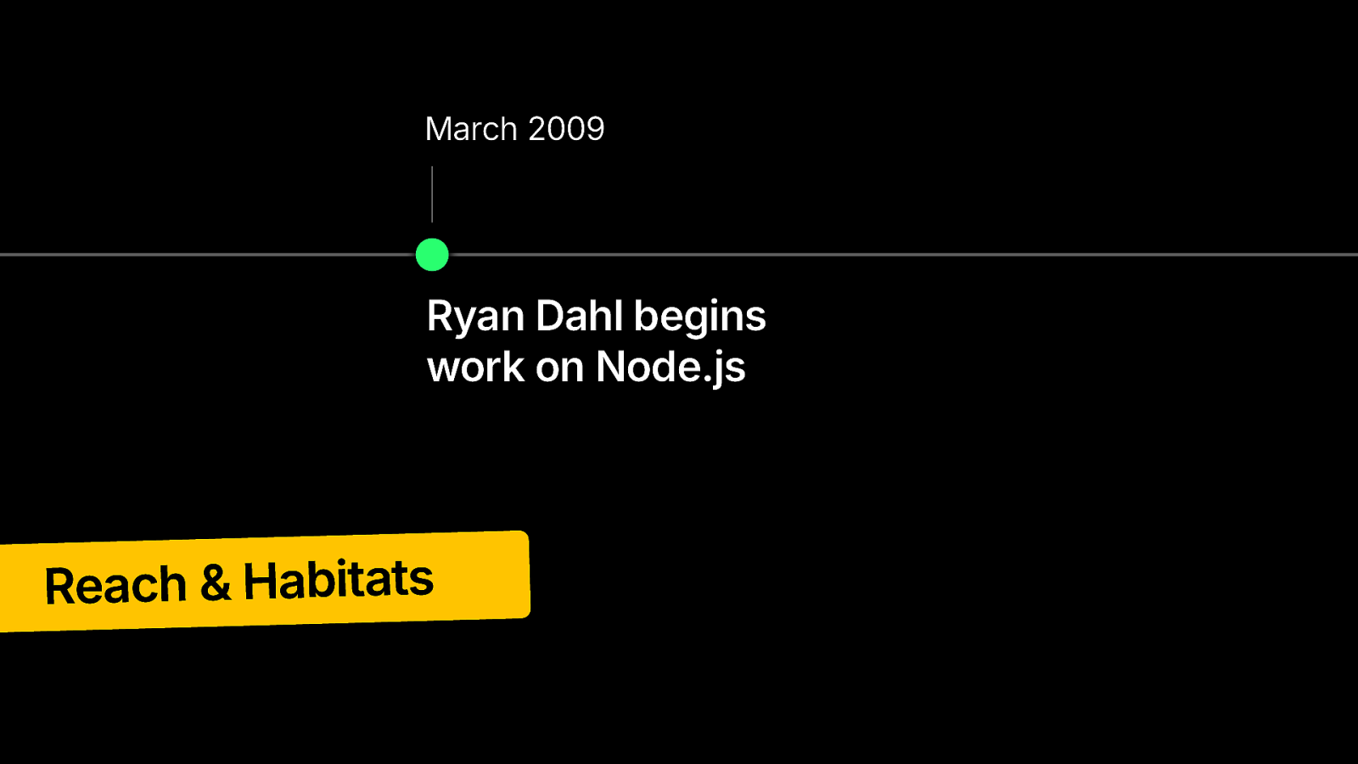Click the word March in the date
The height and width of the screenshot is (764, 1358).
point(471,128)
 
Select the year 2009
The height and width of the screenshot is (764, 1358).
point(566,128)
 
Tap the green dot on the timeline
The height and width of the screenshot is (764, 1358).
point(432,255)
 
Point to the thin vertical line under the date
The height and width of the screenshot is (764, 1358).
point(432,194)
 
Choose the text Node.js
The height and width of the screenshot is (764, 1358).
point(670,368)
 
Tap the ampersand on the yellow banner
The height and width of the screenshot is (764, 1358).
point(216,582)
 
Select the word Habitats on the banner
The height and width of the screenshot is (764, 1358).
point(339,580)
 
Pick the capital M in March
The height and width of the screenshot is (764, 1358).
point(440,129)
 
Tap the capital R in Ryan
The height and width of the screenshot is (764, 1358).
point(441,315)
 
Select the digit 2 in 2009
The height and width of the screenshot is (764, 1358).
point(536,128)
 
